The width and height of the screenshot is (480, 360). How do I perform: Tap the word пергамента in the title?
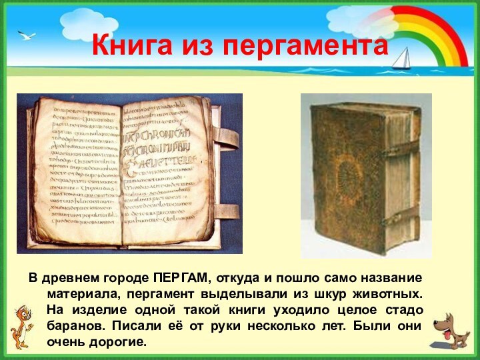(305, 47)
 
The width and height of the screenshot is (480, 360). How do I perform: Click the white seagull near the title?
(27, 35)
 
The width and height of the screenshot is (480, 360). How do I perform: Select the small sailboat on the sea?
(401, 59)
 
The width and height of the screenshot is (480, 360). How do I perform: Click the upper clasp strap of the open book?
(225, 139)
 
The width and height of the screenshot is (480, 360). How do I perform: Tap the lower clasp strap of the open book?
(225, 211)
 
